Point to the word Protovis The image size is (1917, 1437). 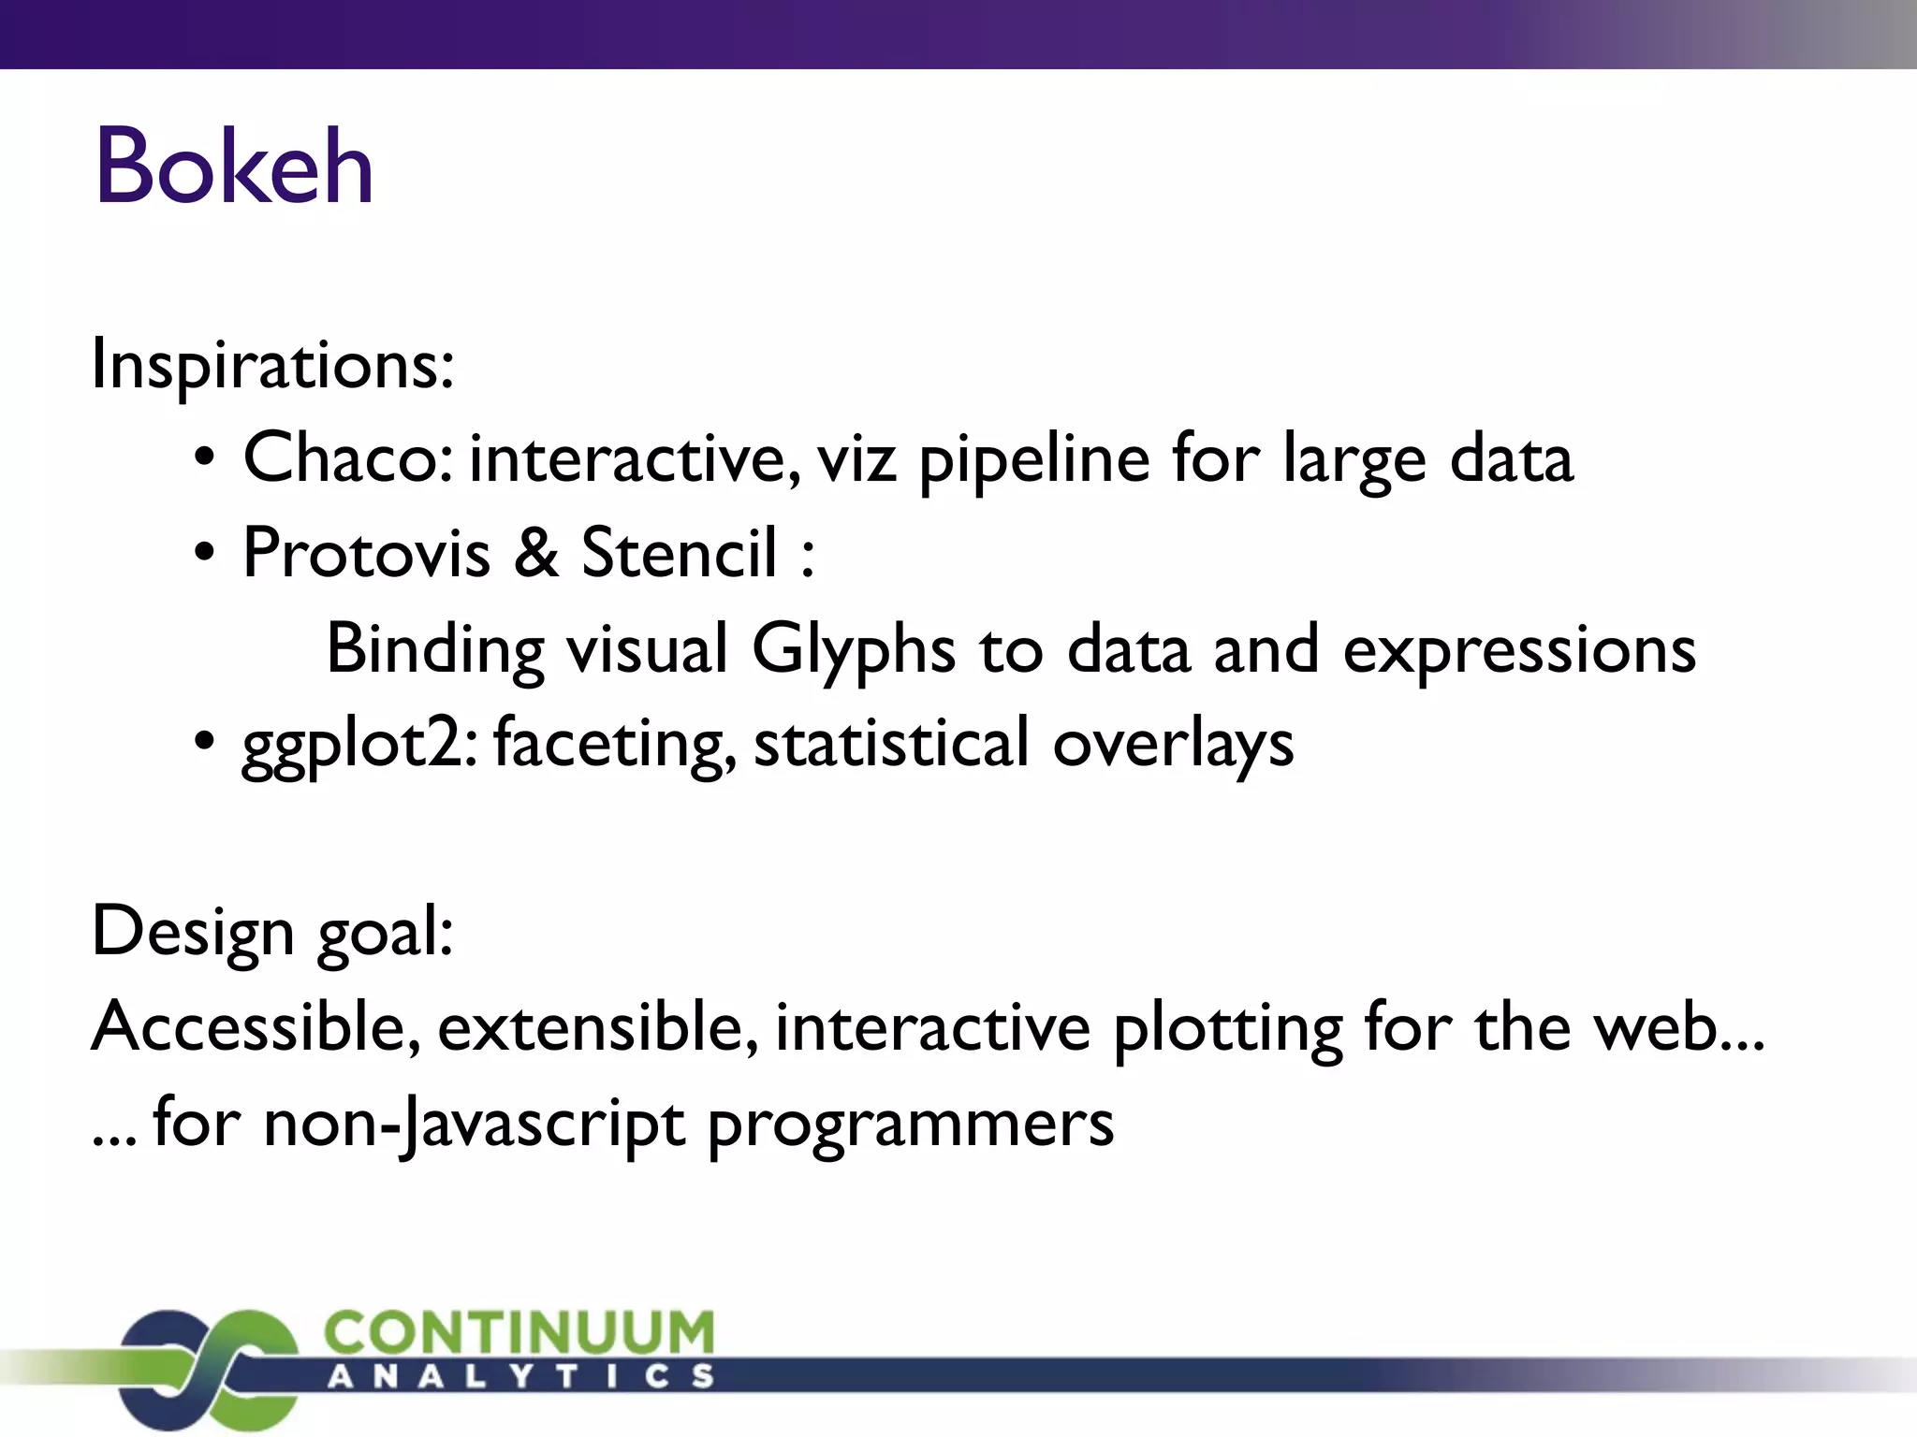click(366, 553)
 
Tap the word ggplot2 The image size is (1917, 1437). click(356, 746)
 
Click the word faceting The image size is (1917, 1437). click(612, 746)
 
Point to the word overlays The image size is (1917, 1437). click(1172, 746)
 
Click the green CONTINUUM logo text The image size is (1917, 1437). click(519, 1332)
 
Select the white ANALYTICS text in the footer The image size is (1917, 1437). click(520, 1376)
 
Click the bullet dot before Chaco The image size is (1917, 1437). click(205, 459)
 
